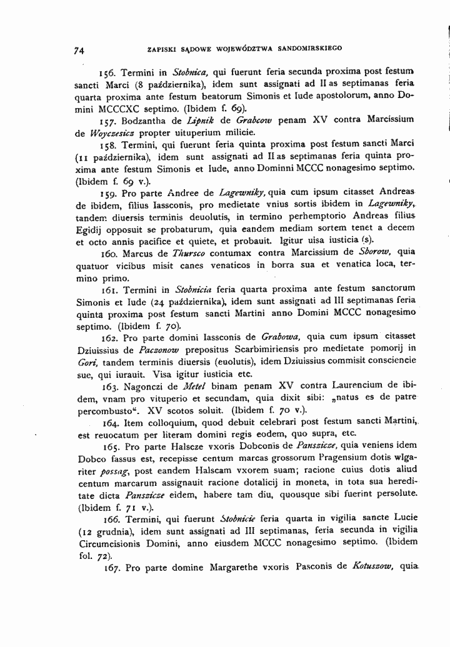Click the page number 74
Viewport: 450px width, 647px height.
[79, 50]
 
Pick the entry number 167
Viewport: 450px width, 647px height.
[109, 568]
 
